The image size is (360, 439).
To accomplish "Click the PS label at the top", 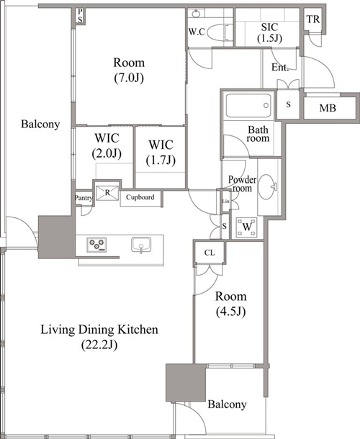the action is [80, 15].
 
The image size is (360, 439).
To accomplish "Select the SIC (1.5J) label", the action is [269, 32].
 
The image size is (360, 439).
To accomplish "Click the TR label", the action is [313, 19].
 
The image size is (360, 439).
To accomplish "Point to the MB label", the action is [328, 108].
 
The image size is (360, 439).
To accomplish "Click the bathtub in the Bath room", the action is [248, 106].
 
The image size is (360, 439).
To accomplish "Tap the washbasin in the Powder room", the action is [268, 186].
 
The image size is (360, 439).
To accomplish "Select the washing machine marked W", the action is [246, 227].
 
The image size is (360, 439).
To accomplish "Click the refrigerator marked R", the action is [107, 193].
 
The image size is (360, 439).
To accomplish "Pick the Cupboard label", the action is [140, 197].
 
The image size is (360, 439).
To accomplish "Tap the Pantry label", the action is [84, 198].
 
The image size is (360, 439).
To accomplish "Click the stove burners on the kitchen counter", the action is [96, 245].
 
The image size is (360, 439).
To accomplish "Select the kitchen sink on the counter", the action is [141, 245].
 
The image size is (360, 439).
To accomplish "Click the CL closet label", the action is [210, 253].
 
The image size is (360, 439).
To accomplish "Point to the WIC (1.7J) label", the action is [161, 153].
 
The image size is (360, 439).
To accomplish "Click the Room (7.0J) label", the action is [129, 70].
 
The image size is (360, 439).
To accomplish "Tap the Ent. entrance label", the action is [280, 67].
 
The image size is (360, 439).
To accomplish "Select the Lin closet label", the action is [225, 201].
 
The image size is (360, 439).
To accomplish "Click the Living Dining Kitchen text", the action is [99, 330].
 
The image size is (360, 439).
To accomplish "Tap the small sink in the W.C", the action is [196, 13].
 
